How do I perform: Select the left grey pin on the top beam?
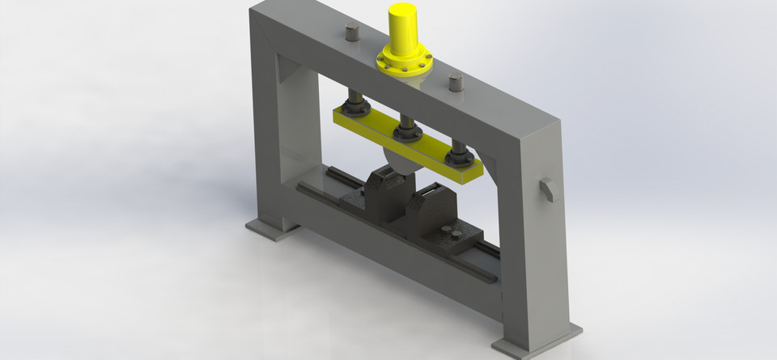point(351,33)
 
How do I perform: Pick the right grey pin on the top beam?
point(456,82)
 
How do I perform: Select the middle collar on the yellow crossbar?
point(406,130)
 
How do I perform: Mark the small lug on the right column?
point(547,188)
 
